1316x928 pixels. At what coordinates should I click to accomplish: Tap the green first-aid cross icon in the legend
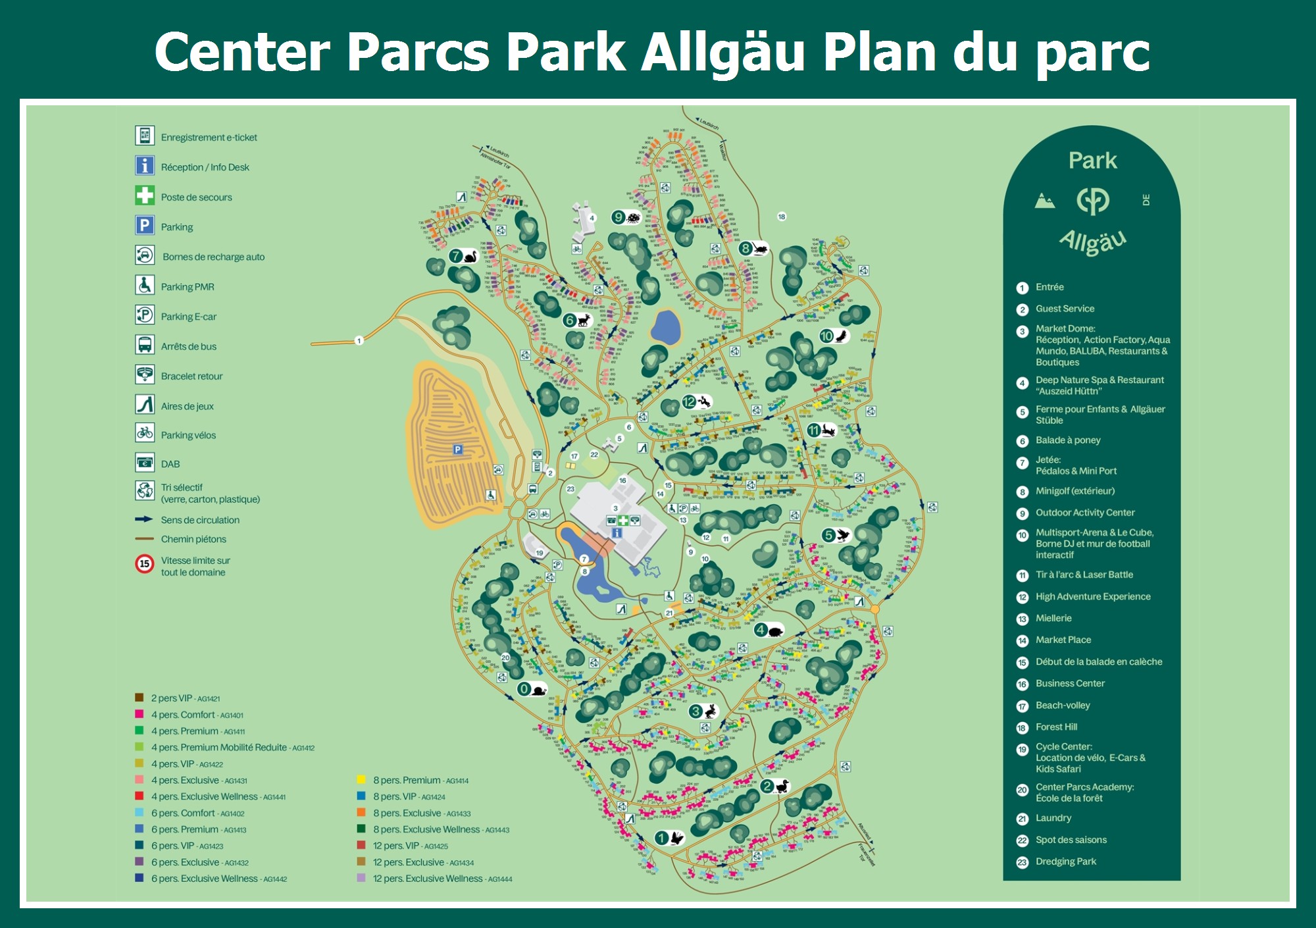(145, 195)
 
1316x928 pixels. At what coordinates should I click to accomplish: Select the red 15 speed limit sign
(144, 564)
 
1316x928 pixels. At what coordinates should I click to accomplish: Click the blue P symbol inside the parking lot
(457, 450)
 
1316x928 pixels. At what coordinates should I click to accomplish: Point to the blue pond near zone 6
(666, 327)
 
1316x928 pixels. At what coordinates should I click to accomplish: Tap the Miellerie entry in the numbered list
(1053, 619)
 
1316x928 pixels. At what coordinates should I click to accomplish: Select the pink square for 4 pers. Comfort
(139, 714)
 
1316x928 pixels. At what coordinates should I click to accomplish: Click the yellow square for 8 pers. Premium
(361, 780)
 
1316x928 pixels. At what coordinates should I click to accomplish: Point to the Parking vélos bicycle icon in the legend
(145, 433)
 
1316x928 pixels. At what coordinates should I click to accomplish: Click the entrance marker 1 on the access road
(359, 340)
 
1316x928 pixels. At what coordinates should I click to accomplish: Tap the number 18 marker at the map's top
(782, 217)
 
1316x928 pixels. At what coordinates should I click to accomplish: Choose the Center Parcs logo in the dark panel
(1092, 201)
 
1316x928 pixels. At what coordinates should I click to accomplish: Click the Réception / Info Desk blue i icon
(145, 165)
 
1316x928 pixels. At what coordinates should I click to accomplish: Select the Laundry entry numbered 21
(1053, 818)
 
